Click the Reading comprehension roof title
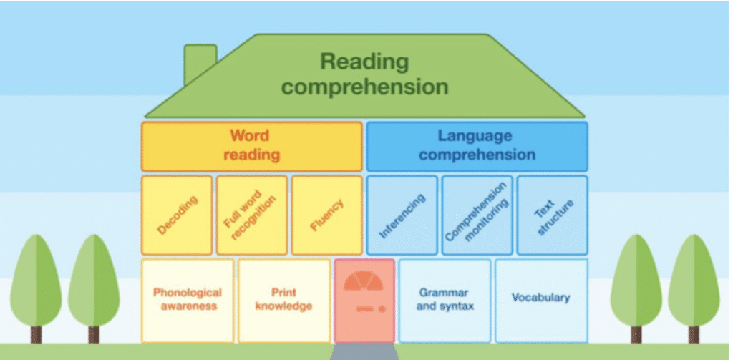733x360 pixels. [364, 74]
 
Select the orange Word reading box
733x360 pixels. [251, 146]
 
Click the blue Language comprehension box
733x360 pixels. [477, 146]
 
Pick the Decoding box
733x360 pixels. [177, 215]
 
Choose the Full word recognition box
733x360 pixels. [251, 215]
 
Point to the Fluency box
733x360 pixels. [326, 215]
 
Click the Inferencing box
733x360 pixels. [402, 215]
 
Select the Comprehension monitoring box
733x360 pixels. [477, 215]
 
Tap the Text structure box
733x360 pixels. [552, 215]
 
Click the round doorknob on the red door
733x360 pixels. [382, 309]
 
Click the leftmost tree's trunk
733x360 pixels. [36, 334]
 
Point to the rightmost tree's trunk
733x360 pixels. [694, 334]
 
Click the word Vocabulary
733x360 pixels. [541, 298]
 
